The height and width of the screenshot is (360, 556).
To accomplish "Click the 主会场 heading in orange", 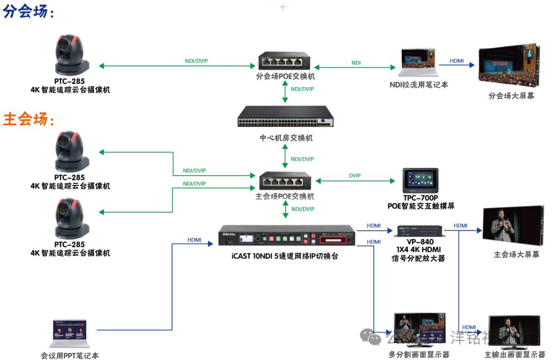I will click(x=29, y=119).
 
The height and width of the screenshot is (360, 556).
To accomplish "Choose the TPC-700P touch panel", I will click(x=420, y=181).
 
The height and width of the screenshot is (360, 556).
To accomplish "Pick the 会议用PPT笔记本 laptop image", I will click(x=69, y=334).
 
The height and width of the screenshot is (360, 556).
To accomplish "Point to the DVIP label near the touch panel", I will click(x=355, y=176).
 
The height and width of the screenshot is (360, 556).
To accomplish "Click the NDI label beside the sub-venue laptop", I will click(x=356, y=63).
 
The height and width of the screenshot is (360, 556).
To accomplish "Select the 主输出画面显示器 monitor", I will click(x=513, y=332).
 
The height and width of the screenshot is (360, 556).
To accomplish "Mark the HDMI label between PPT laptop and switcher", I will click(x=194, y=240).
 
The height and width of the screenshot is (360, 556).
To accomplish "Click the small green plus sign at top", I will click(x=283, y=7).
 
